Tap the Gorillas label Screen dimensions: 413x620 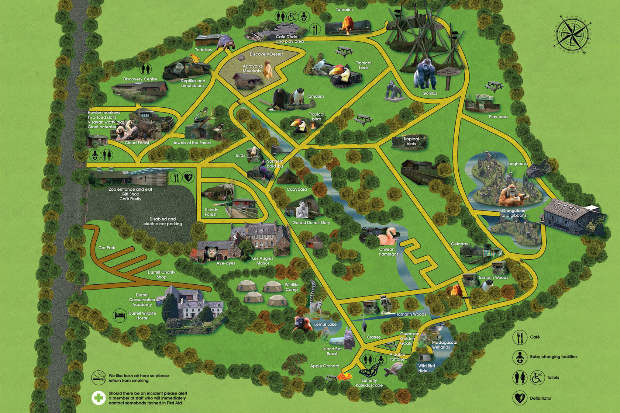(430, 94)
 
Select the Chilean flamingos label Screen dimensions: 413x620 (388, 252)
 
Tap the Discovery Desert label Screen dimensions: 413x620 (266, 54)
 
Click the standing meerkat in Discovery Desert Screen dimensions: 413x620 (268, 70)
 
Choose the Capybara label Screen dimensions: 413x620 (297, 190)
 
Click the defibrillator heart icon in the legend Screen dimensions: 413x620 (520, 398)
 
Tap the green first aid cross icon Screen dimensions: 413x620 (99, 398)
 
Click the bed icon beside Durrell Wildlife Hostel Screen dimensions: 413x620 (120, 316)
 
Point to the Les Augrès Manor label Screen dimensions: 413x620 (262, 261)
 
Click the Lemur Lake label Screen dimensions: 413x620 (325, 324)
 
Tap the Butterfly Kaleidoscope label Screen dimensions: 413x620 (369, 383)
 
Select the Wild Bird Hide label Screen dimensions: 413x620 (426, 368)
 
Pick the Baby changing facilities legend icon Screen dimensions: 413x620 (520, 357)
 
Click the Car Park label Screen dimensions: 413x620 (107, 248)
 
